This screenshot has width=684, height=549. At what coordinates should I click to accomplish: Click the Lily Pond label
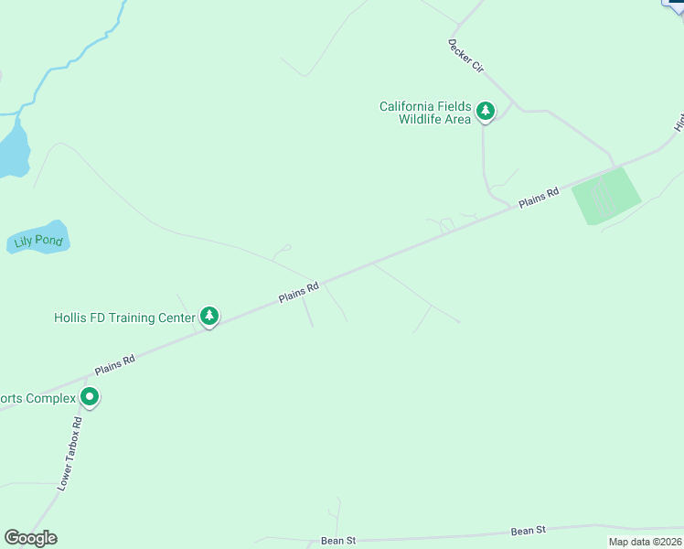(37, 242)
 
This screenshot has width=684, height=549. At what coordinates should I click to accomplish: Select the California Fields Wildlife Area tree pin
(486, 112)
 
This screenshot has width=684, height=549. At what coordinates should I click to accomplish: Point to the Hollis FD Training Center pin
(209, 317)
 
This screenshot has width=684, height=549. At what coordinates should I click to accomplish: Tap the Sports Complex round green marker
(90, 397)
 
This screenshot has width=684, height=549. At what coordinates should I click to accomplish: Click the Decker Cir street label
(465, 55)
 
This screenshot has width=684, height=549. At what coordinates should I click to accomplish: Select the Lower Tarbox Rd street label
(70, 454)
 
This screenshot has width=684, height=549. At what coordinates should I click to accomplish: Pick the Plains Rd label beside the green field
(539, 199)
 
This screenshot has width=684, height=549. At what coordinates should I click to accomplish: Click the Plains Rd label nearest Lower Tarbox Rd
(115, 363)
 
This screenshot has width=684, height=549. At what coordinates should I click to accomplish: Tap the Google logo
(31, 538)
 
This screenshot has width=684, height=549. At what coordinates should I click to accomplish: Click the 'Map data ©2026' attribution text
(646, 542)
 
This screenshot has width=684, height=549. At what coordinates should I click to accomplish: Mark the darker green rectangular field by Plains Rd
(605, 195)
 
